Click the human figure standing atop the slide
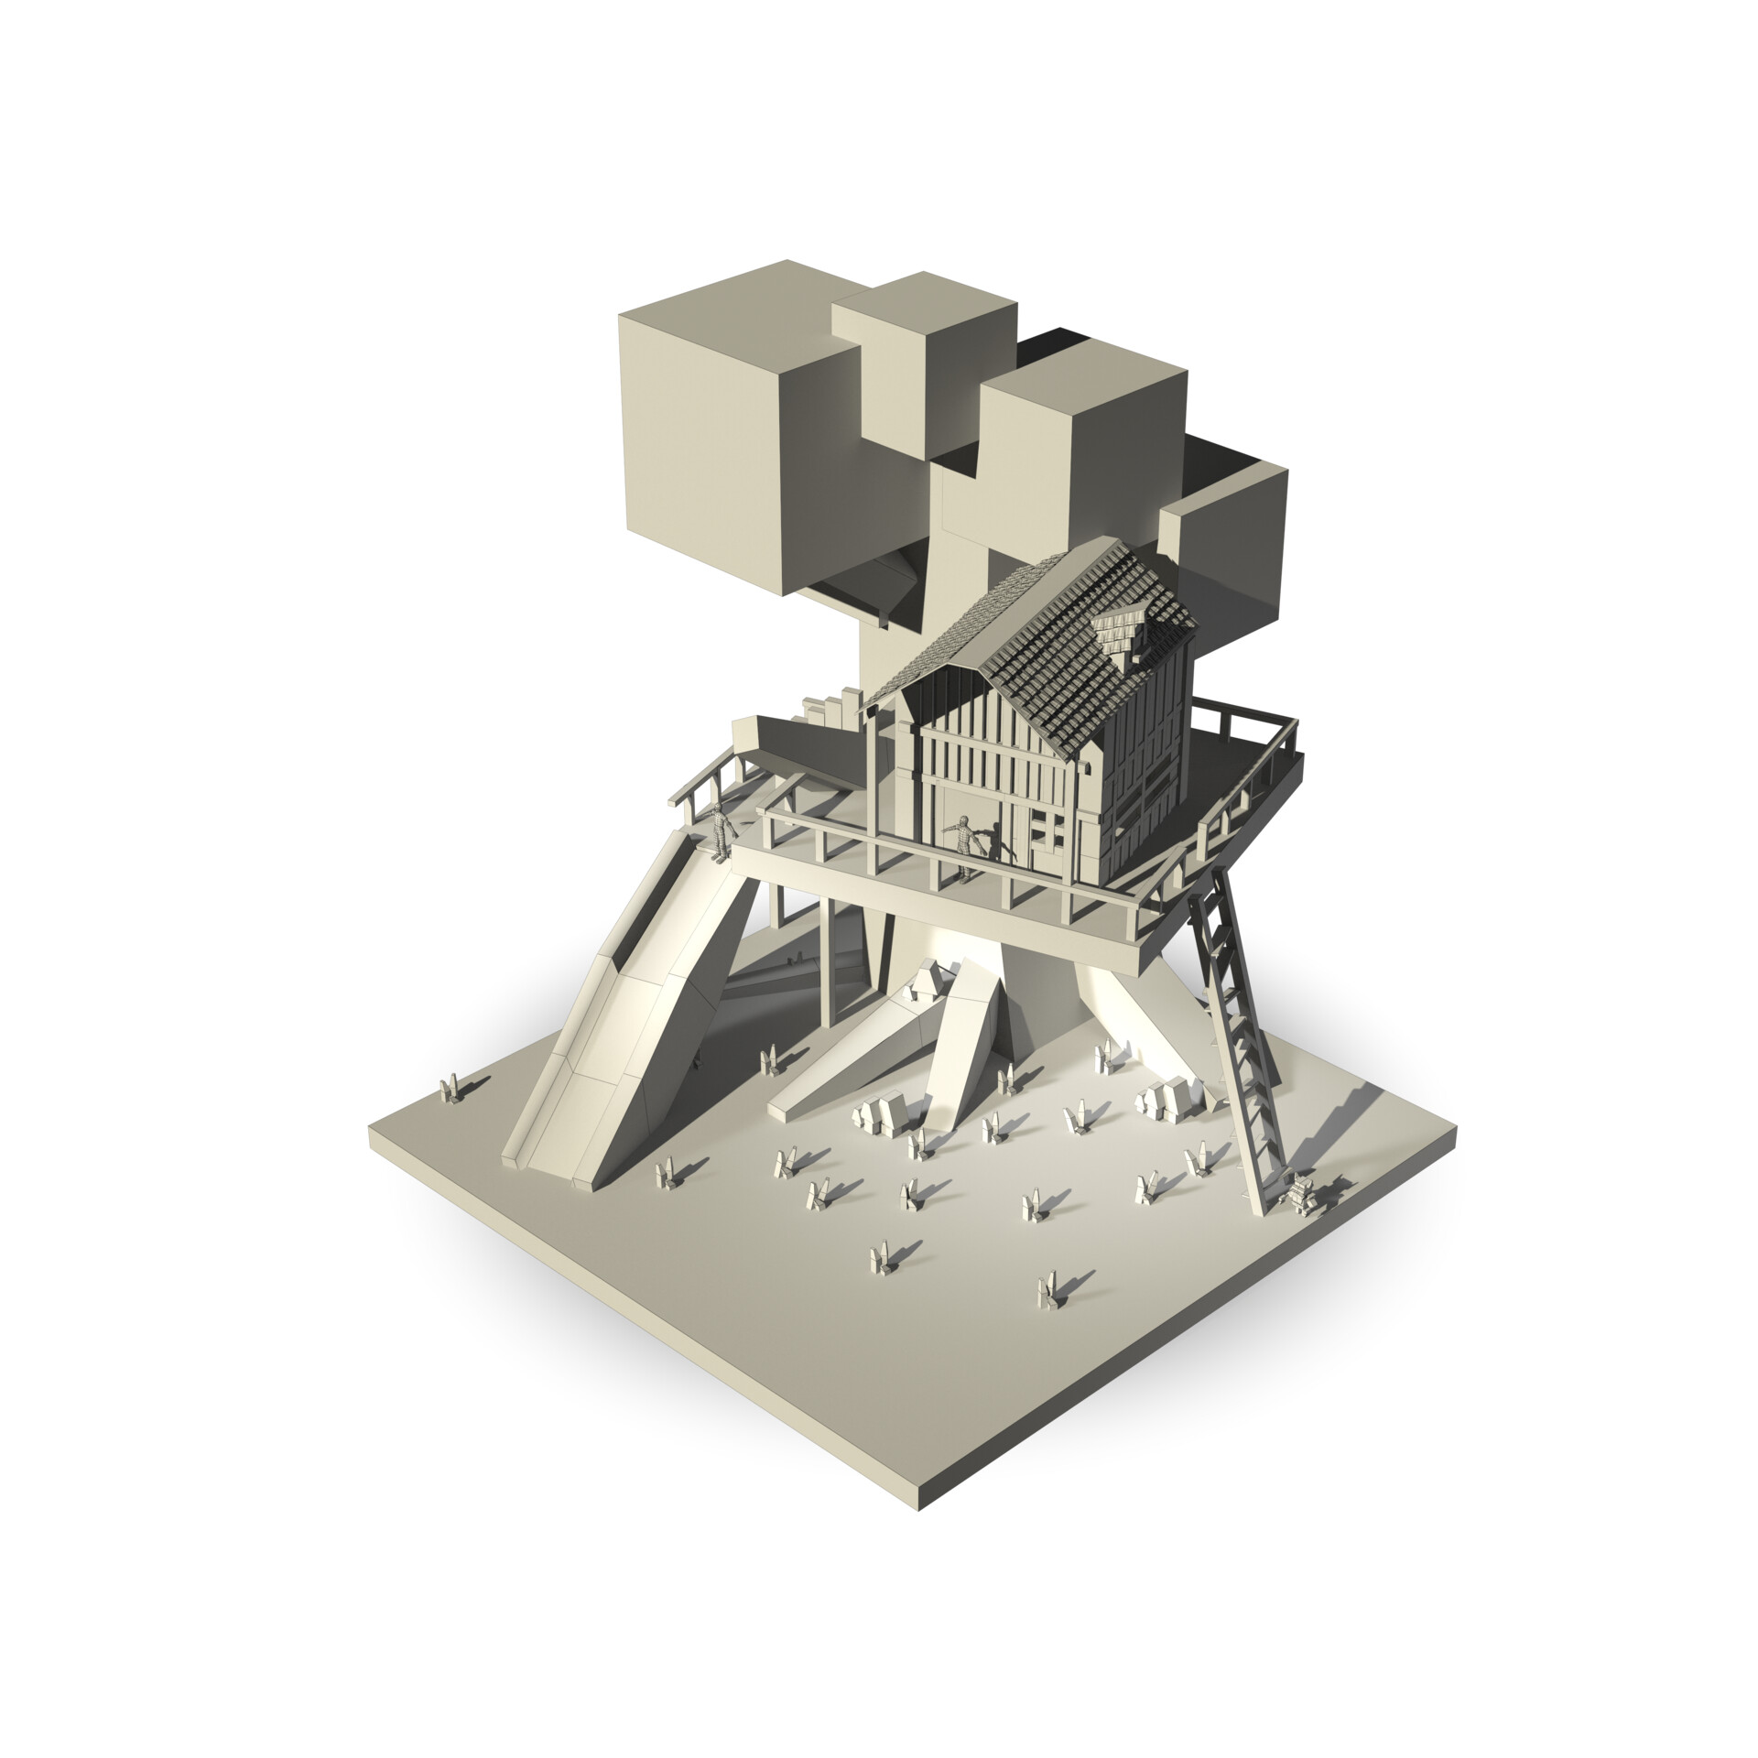tap(723, 831)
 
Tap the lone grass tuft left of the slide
tap(450, 1091)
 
